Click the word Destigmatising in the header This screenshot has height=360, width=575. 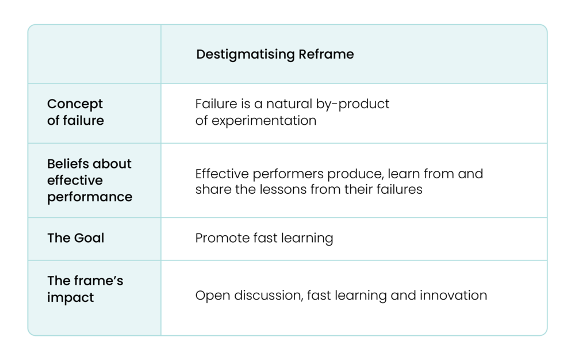pyautogui.click(x=246, y=55)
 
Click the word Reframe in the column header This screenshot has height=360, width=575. pyautogui.click(x=326, y=55)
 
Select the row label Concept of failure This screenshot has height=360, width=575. pyautogui.click(x=75, y=112)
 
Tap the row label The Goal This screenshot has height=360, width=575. pyautogui.click(x=76, y=238)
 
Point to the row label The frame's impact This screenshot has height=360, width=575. pyautogui.click(x=85, y=289)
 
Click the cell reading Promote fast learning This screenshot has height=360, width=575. pyautogui.click(x=264, y=238)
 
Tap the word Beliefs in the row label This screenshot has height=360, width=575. pyautogui.click(x=66, y=164)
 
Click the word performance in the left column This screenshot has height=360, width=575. pyautogui.click(x=90, y=197)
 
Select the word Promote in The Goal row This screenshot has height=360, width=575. pyautogui.click(x=217, y=238)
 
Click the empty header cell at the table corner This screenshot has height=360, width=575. pyautogui.click(x=94, y=55)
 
